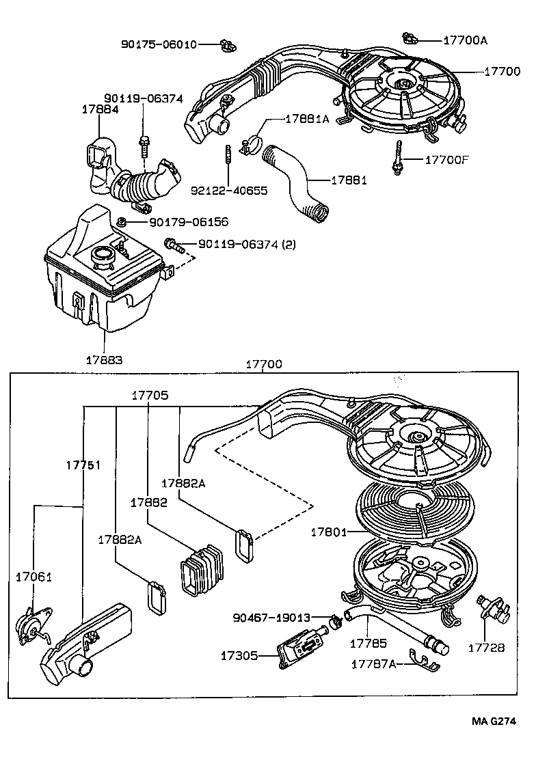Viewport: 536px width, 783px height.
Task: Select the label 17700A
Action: click(x=465, y=40)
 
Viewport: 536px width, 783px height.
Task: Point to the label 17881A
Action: click(x=307, y=119)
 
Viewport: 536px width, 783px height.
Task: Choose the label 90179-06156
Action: click(x=188, y=222)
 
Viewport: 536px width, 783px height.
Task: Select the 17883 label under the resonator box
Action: click(x=104, y=358)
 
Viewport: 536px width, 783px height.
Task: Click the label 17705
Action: click(x=150, y=395)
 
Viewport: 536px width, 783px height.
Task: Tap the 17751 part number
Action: click(x=83, y=465)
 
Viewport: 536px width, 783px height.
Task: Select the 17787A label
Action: click(x=374, y=663)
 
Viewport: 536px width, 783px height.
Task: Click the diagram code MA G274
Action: click(x=492, y=721)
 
